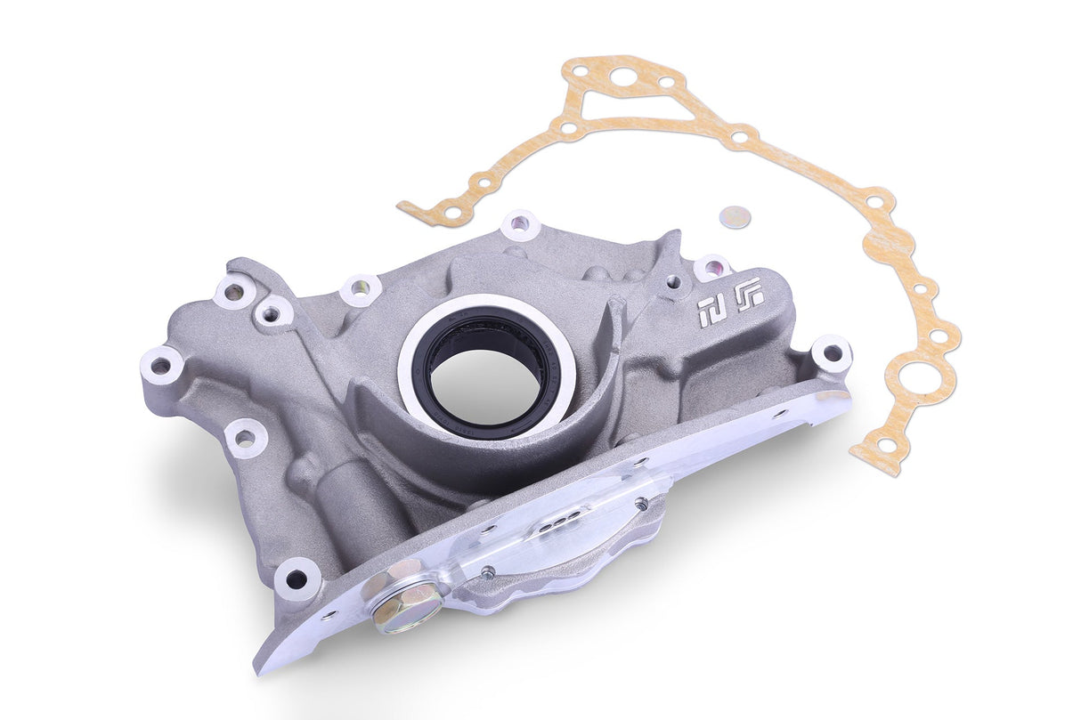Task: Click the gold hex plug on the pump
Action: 405,604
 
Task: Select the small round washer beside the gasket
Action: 736,216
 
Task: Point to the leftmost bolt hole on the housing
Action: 161,366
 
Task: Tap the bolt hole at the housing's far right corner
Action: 832,353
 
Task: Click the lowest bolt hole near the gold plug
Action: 297,579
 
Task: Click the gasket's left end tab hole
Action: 451,213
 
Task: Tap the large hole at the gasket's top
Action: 623,77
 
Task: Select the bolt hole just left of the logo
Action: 711,267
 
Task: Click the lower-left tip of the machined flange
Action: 263,663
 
